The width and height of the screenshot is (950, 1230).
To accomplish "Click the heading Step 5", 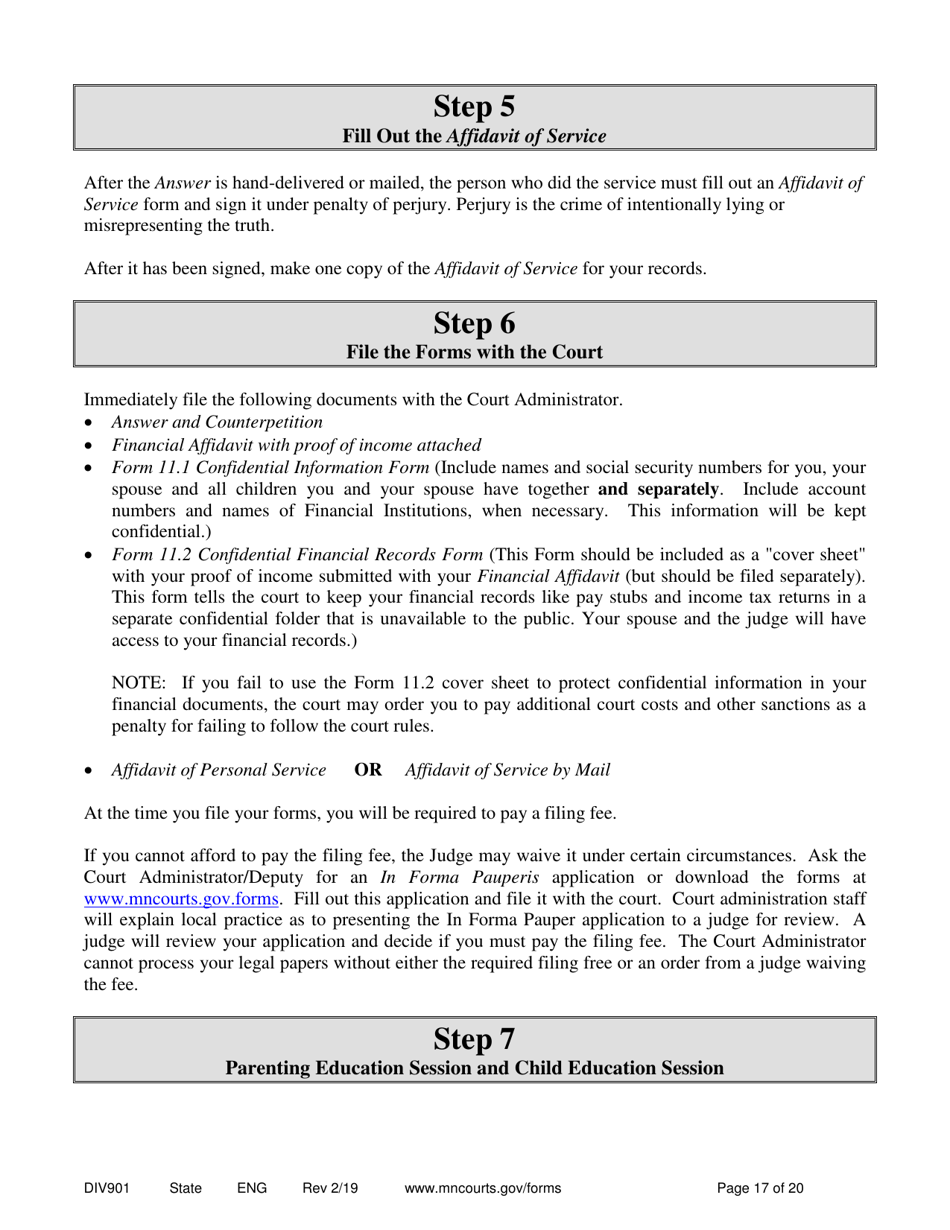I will [474, 106].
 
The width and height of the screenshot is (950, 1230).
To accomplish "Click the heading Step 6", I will [474, 323].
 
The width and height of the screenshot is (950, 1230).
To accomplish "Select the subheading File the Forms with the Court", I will [474, 352].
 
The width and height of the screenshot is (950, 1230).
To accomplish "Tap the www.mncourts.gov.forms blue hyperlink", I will [181, 898].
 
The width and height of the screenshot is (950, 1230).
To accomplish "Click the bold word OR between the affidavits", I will [368, 770].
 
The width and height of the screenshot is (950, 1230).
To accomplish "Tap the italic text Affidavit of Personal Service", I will [219, 770].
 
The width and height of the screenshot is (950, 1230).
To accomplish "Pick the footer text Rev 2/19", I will [330, 1189].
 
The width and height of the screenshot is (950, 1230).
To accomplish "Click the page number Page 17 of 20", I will [760, 1189].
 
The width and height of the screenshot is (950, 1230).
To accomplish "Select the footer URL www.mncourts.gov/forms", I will [482, 1189].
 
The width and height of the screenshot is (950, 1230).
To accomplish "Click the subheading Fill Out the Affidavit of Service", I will [474, 136].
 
